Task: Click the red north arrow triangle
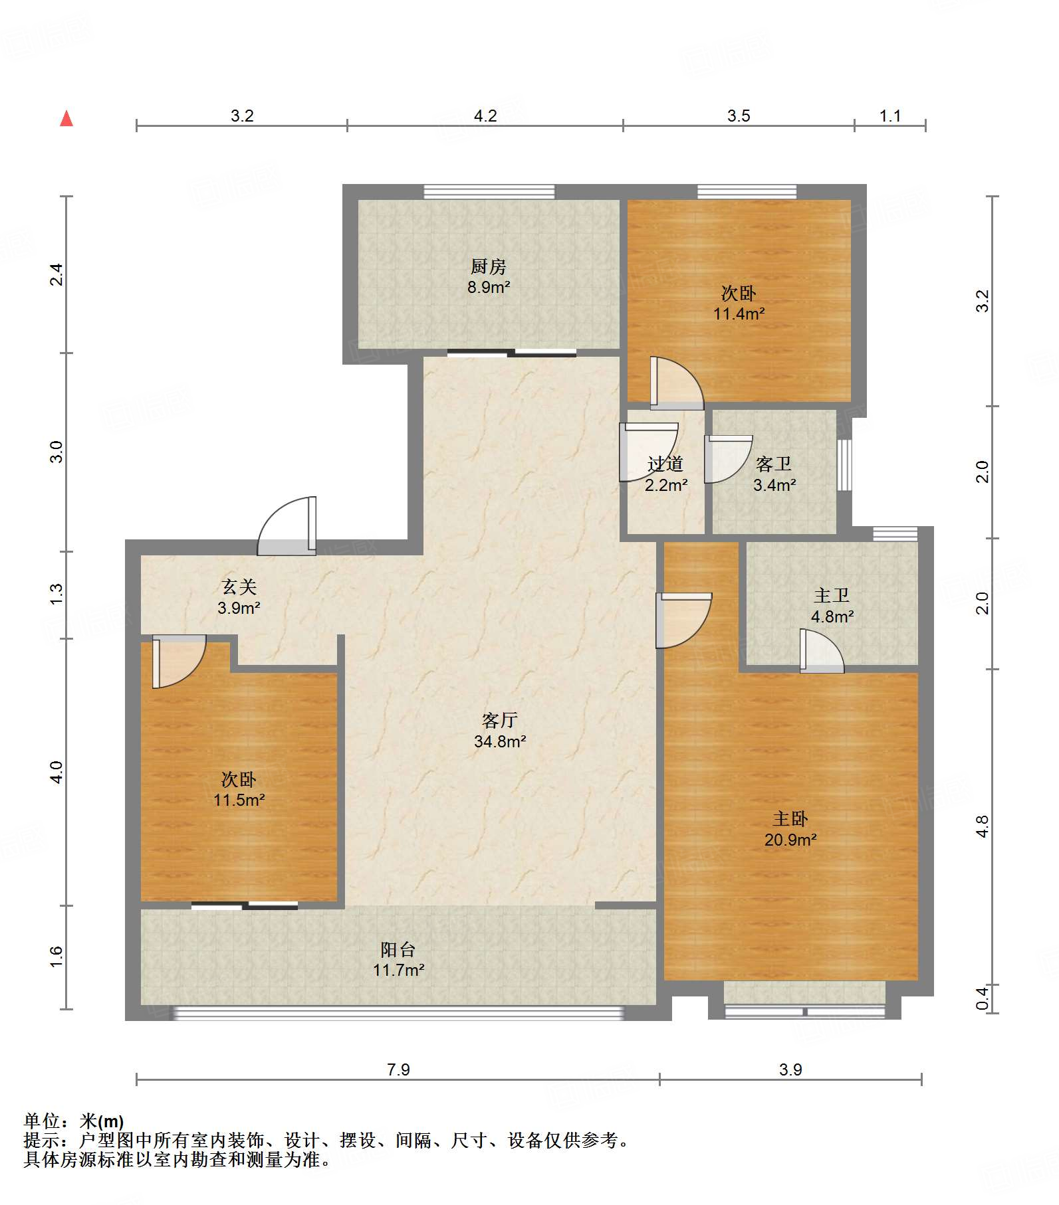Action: tap(66, 118)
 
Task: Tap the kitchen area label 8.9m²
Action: tap(489, 288)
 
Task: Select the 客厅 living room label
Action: tap(500, 720)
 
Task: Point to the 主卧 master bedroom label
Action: tap(790, 819)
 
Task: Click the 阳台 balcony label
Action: tap(398, 949)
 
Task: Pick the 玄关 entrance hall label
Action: tap(239, 587)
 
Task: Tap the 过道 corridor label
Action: tap(665, 464)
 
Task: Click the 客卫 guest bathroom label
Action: tap(774, 464)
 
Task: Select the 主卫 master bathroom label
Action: tap(832, 595)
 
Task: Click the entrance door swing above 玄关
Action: tap(287, 526)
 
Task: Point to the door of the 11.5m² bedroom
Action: tap(179, 662)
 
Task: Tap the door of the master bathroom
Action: tap(822, 651)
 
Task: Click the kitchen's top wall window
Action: tap(489, 192)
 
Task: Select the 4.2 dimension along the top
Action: tap(485, 116)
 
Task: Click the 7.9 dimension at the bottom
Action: tap(398, 1070)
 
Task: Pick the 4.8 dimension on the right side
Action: tap(983, 826)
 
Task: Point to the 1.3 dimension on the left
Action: tap(57, 593)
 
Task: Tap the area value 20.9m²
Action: tap(790, 840)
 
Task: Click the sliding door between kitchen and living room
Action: tap(512, 353)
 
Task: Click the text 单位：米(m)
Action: tap(74, 1121)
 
